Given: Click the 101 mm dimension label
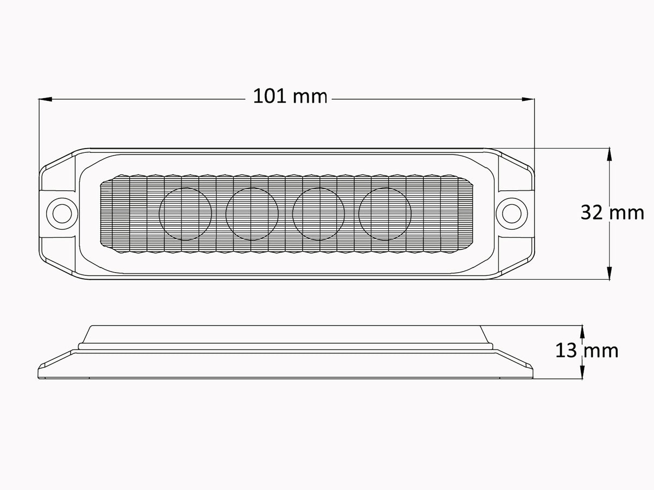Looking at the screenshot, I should coord(290,96).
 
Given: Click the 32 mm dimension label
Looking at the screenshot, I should coord(612,212).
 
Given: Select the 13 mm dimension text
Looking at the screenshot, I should coord(586,351).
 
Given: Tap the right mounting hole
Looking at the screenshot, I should coord(511,212).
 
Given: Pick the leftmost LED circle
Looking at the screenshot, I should coord(185,214).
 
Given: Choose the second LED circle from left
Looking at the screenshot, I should coord(252,214).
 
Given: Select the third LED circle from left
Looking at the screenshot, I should coord(319,214).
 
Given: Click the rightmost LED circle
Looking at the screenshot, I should coord(385,214).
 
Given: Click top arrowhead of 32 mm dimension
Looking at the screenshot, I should coord(610,153).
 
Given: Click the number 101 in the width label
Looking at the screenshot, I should coord(271,96).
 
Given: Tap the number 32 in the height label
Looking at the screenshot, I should coord(592,212).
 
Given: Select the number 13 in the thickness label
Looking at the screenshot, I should coord(565,351).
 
